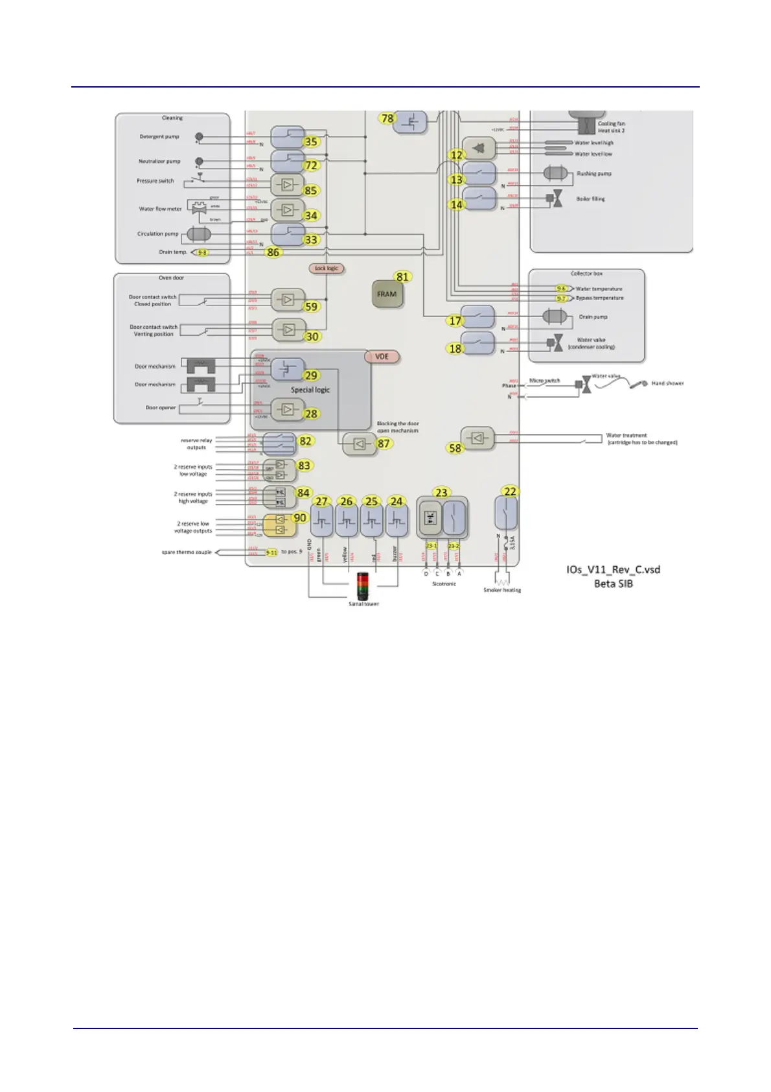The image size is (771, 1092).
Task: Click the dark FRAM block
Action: (x=387, y=294)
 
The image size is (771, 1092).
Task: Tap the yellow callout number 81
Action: (x=403, y=277)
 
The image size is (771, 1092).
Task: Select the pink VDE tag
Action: (x=382, y=357)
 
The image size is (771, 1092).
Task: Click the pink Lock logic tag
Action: (x=327, y=268)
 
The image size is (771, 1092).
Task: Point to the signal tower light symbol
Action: (x=363, y=586)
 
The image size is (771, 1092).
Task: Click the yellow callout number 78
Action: (x=387, y=118)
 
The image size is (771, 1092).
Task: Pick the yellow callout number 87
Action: (x=384, y=444)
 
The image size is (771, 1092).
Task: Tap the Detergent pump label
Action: (x=159, y=137)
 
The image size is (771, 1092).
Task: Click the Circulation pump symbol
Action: (x=198, y=234)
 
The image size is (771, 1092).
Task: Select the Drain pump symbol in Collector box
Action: (x=554, y=317)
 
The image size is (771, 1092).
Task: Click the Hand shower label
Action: (x=667, y=383)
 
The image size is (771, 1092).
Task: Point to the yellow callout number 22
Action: (x=510, y=492)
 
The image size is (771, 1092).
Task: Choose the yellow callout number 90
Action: (x=300, y=517)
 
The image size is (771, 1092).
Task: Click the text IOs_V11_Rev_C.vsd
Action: (x=613, y=570)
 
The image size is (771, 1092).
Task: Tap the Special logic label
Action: (x=310, y=390)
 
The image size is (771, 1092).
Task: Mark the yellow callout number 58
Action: (x=455, y=448)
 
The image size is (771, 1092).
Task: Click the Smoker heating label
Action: (x=502, y=590)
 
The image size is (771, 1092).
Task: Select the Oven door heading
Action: (x=171, y=278)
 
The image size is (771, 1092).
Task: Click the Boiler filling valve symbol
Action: (x=555, y=199)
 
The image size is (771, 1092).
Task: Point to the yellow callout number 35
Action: (x=311, y=141)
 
